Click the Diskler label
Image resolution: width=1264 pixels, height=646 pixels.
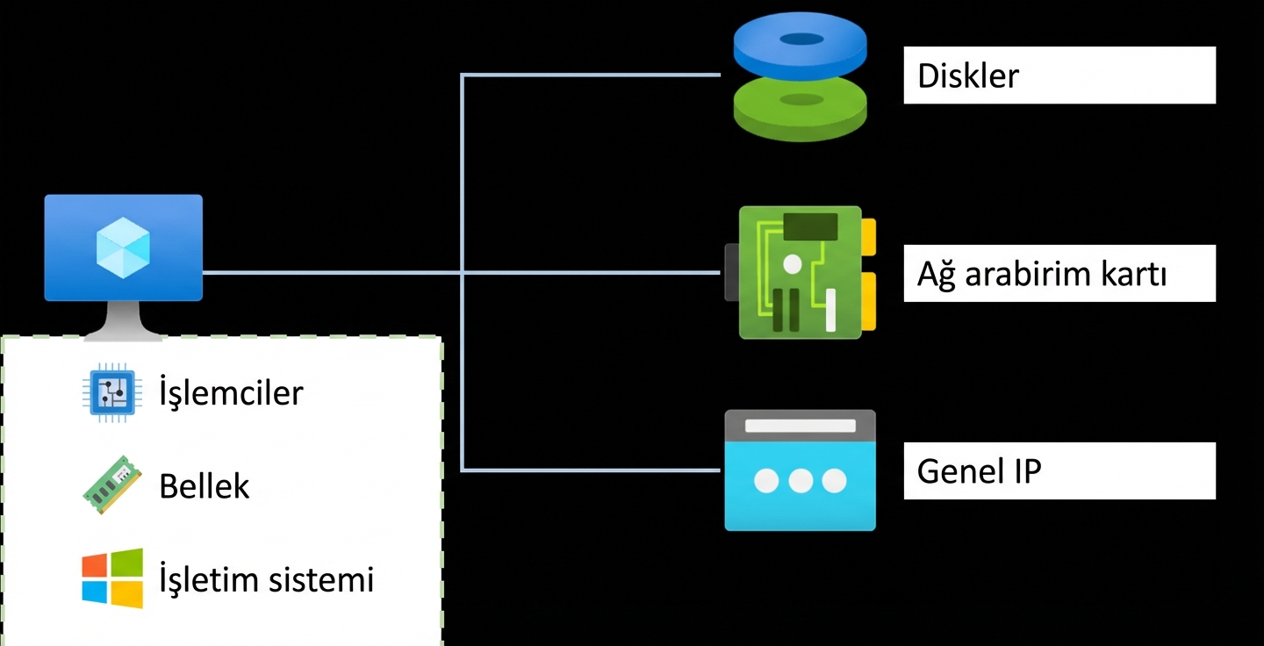coord(968,76)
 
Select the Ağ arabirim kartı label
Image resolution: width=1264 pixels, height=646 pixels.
coord(1042,275)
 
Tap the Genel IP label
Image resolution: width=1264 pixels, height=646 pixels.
coord(979,471)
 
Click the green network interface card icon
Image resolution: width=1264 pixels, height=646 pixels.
coord(799,272)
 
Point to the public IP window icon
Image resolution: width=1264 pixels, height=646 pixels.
coord(800,470)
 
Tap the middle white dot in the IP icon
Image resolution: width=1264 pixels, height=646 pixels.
coord(800,481)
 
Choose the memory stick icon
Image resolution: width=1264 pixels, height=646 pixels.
coord(111,484)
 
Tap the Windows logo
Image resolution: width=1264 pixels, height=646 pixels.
coord(112,578)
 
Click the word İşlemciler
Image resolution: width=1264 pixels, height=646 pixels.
coord(231,392)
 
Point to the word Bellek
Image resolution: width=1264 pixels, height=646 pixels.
coord(205,485)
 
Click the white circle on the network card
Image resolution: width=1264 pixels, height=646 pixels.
coord(793,263)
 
